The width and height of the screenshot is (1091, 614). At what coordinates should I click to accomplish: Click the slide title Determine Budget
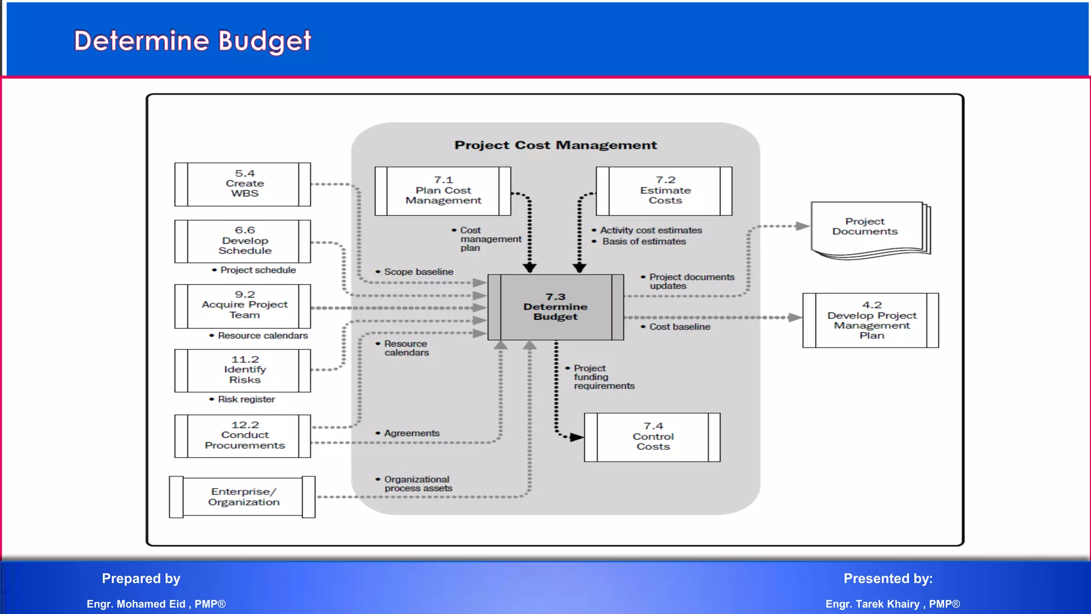[x=192, y=41]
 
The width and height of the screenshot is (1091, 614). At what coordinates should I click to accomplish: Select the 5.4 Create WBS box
[x=243, y=184]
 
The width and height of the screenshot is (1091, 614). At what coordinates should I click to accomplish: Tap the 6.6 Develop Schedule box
[x=243, y=241]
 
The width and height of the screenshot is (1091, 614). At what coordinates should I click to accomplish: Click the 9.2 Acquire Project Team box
[x=243, y=305]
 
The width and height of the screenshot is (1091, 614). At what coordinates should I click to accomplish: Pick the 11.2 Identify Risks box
[x=243, y=370]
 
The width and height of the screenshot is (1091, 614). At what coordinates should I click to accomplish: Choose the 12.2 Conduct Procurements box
[x=243, y=435]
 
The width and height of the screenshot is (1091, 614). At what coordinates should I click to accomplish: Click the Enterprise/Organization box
[x=243, y=497]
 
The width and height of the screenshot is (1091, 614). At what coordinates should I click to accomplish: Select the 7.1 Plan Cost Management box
[x=443, y=191]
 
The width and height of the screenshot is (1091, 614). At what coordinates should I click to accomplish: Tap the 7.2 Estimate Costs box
[x=664, y=191]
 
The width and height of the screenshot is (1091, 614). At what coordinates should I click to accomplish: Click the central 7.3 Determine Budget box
[x=556, y=307]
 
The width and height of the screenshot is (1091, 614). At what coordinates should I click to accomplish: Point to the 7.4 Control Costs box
[x=653, y=437]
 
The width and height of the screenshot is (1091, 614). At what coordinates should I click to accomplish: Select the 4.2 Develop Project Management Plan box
[x=871, y=320]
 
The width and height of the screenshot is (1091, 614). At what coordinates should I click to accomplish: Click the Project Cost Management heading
[x=556, y=145]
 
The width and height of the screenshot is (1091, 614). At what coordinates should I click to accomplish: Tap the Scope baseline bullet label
[x=418, y=272]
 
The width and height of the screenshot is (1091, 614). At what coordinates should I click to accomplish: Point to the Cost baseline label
[x=679, y=327]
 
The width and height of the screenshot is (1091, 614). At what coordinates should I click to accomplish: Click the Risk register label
[x=246, y=399]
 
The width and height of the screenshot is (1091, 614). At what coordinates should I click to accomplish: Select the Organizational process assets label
[x=418, y=483]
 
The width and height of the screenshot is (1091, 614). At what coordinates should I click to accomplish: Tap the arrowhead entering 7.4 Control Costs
[x=577, y=438]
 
